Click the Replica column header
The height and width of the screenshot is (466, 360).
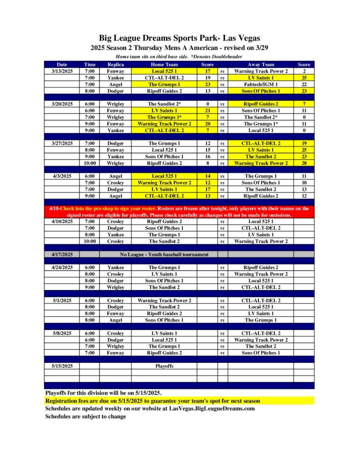(115, 65)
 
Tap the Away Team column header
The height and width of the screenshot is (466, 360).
(261, 65)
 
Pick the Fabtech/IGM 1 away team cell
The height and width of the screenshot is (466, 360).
(261, 84)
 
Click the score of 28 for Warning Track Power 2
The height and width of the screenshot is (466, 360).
(304, 163)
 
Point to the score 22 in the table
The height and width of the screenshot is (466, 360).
(304, 84)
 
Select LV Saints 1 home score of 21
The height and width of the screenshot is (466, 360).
(208, 111)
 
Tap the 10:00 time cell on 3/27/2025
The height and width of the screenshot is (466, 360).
(90, 163)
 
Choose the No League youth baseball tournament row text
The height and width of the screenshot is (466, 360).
(164, 254)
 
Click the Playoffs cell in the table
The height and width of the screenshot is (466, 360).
(164, 365)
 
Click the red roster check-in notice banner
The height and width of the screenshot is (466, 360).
(179, 211)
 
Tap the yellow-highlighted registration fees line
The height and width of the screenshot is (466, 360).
(153, 401)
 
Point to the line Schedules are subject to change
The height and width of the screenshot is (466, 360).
(86, 416)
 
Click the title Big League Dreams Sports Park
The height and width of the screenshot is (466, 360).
(179, 38)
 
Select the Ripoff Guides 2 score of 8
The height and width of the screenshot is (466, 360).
(208, 163)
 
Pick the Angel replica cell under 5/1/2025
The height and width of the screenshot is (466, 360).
(115, 320)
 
